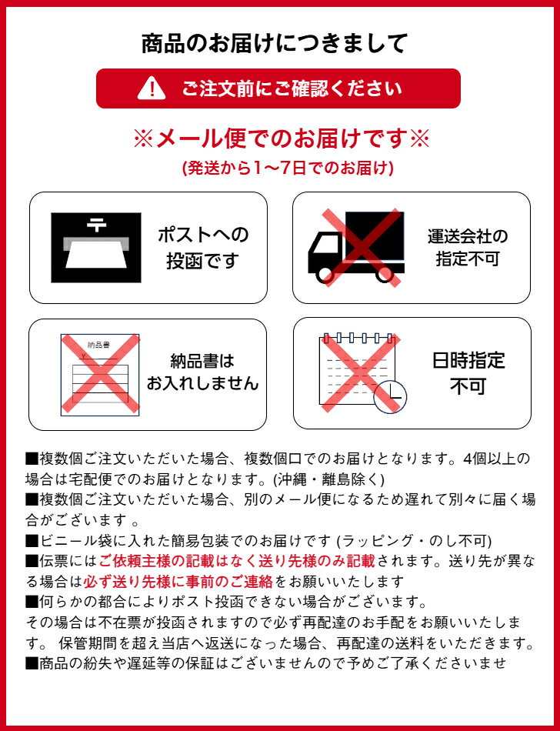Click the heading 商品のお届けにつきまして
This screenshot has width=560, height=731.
pos(275,43)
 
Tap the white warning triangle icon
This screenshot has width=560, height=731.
pos(152,88)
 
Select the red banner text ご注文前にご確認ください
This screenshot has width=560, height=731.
pos(292,88)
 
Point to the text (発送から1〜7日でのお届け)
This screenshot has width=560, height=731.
pos(288,168)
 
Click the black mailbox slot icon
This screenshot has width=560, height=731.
pos(96,248)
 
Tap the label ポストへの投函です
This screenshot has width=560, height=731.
pos(203,248)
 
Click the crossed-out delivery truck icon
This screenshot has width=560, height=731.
pos(356,247)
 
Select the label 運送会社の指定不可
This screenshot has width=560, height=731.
pos(467,247)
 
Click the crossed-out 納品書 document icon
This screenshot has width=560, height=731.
pos(100,375)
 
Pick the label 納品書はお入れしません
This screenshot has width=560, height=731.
pos(202,372)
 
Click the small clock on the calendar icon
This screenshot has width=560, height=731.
pos(391,397)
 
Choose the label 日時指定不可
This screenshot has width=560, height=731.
pos(468,372)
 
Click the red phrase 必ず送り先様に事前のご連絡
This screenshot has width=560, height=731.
pos(178,582)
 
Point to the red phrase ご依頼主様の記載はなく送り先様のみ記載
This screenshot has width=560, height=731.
pos(237,561)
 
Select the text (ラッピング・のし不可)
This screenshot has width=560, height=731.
pos(414,540)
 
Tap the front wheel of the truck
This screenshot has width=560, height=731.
pos(325,275)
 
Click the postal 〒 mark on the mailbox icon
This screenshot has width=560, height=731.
pos(96,225)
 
